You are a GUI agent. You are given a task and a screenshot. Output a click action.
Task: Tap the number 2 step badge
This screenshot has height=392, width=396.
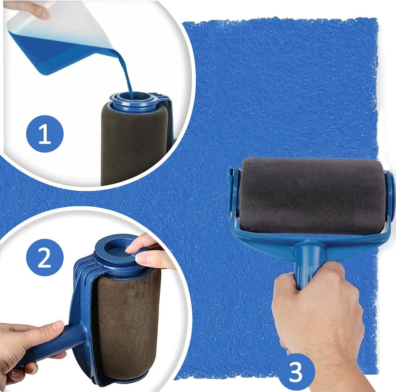[x=45, y=257]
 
